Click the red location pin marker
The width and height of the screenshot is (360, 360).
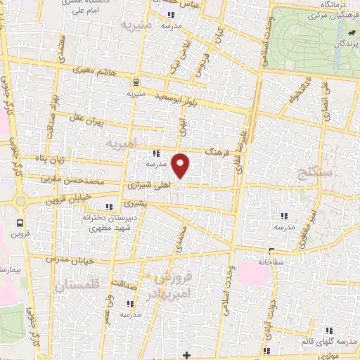[181, 165]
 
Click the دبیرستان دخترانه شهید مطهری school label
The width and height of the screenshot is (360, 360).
[107, 223]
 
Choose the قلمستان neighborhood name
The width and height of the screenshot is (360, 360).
[72, 284]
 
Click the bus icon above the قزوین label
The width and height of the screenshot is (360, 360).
[19, 224]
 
